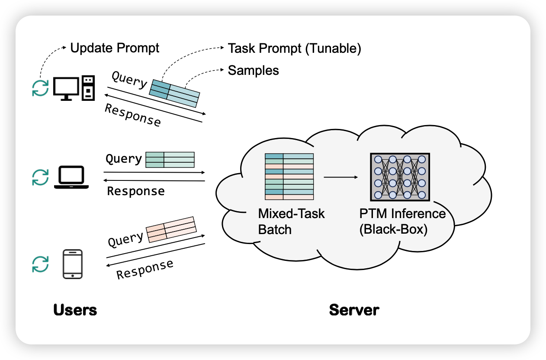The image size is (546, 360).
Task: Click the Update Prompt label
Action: (x=115, y=48)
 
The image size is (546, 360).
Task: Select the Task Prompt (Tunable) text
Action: (x=294, y=48)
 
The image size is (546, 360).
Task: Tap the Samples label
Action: (x=253, y=70)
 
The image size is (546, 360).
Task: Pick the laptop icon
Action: (x=71, y=178)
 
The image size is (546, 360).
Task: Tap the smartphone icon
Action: (x=73, y=264)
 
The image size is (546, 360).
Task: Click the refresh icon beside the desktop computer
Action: (x=40, y=88)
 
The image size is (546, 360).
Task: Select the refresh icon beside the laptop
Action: (x=40, y=177)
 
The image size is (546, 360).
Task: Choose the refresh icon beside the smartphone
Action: (x=40, y=264)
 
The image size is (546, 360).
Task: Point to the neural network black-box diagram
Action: (x=400, y=177)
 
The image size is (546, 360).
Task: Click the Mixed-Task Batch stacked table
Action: (x=289, y=177)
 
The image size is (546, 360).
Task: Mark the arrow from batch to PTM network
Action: (x=341, y=177)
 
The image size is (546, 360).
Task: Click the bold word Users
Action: (x=75, y=310)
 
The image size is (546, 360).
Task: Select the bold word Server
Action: (x=354, y=310)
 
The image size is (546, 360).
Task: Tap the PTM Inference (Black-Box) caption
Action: (x=402, y=222)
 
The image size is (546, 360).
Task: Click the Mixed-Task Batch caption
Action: (x=291, y=222)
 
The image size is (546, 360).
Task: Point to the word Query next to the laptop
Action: (x=124, y=159)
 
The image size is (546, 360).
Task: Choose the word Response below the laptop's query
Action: (x=136, y=191)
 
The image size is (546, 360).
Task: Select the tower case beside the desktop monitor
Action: (x=88, y=88)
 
